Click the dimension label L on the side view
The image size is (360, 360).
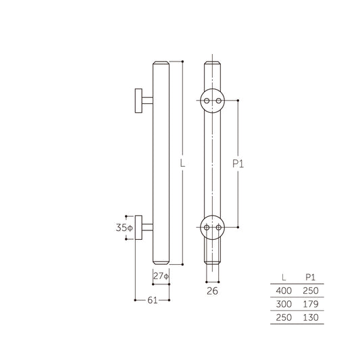coord(182,163)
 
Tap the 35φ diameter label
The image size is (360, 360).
coord(125,228)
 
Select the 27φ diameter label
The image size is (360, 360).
coord(160,276)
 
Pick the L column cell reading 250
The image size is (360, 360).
coord(282,316)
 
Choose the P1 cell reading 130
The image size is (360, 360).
coord(310,316)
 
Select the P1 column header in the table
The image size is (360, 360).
coord(310,276)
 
